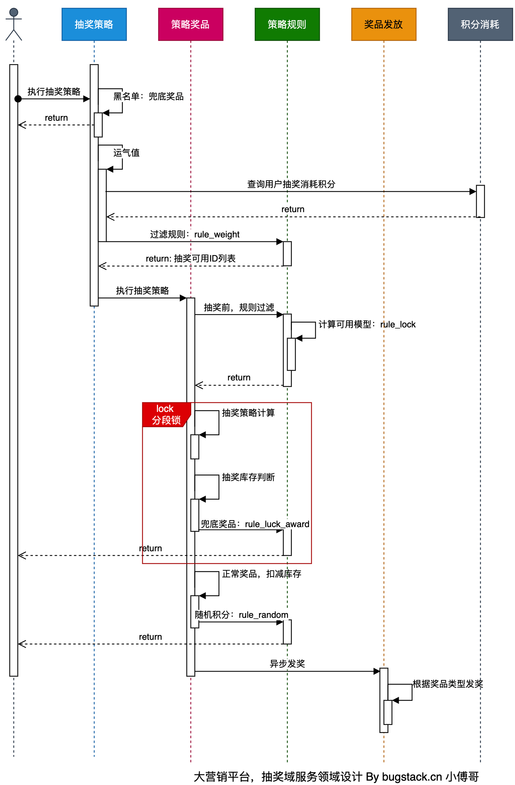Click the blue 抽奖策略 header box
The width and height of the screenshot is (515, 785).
(94, 25)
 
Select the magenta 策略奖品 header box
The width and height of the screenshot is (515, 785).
(191, 25)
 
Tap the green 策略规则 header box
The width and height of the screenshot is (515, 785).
(287, 25)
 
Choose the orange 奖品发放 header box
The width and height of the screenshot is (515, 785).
(384, 25)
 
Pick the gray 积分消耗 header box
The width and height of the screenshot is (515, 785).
(480, 25)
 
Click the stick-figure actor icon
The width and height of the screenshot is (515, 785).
(14, 24)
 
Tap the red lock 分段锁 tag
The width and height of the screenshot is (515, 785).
(166, 415)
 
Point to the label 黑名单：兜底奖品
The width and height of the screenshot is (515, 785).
(148, 97)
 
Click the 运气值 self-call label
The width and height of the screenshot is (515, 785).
(126, 153)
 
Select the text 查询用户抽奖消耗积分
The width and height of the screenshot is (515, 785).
(291, 184)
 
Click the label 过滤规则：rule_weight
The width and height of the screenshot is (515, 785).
(195, 234)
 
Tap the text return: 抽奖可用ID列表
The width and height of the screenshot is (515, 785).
(191, 259)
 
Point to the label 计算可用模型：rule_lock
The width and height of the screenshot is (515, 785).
(367, 325)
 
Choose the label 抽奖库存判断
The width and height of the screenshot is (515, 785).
(248, 477)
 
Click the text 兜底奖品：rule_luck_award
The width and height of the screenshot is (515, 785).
(255, 524)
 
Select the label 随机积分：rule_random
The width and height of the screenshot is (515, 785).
(241, 615)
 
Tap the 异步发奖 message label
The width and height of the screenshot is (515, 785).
(287, 664)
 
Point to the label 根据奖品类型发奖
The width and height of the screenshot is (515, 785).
(448, 684)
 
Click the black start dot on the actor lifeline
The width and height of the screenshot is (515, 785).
(18, 99)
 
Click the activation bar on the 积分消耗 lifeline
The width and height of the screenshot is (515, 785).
(480, 201)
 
